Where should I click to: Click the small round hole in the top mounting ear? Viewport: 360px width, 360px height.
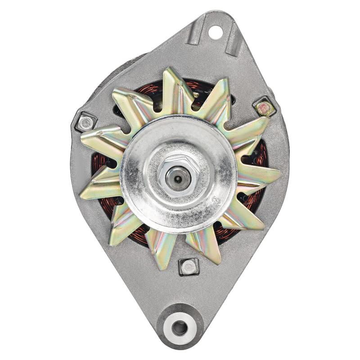(215, 31)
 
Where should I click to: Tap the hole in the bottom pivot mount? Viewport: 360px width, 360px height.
(180, 328)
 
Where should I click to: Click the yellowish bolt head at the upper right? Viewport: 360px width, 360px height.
(263, 108)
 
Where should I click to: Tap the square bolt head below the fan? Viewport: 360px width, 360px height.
(188, 267)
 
